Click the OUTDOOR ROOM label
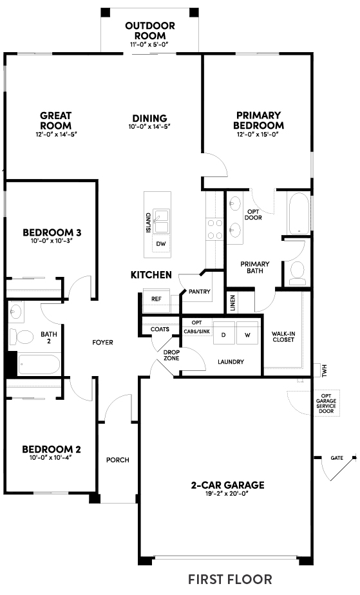pyautogui.click(x=150, y=30)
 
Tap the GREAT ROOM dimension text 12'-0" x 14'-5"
pyautogui.click(x=55, y=135)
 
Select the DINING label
pyautogui.click(x=149, y=118)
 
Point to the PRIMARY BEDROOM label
pyautogui.click(x=258, y=120)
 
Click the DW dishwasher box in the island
pyautogui.click(x=160, y=243)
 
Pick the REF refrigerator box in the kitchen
pyautogui.click(x=156, y=299)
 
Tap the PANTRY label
pyautogui.click(x=200, y=292)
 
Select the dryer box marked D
pyautogui.click(x=223, y=335)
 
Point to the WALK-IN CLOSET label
pyautogui.click(x=283, y=335)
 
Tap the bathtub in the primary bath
pyautogui.click(x=299, y=214)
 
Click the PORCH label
pyautogui.click(x=118, y=460)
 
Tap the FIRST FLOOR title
pyautogui.click(x=230, y=579)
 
